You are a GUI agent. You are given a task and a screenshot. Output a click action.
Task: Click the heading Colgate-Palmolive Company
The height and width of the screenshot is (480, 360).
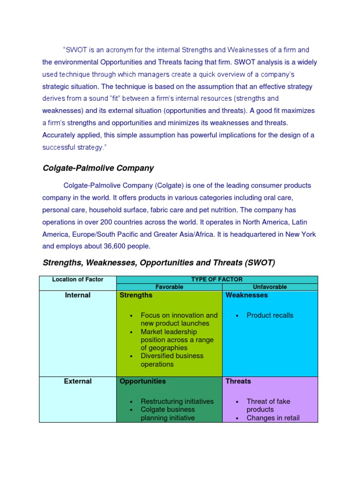(98, 168)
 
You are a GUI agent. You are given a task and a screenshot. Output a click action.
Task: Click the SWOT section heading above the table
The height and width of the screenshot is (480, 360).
(158, 262)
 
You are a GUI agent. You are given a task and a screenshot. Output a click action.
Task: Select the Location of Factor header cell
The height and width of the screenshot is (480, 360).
(78, 279)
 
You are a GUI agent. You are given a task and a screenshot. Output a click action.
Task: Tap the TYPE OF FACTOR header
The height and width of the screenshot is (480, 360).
(217, 279)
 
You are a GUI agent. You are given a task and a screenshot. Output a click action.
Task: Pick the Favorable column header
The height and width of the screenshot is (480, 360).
(169, 287)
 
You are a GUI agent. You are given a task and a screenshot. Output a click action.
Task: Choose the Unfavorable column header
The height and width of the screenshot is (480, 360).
(270, 287)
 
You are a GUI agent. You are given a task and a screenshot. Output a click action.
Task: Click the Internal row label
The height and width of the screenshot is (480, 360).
(78, 295)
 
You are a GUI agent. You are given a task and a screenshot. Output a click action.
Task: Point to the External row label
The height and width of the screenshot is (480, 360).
(78, 381)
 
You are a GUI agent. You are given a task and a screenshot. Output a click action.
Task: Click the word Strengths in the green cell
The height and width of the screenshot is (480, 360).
(136, 295)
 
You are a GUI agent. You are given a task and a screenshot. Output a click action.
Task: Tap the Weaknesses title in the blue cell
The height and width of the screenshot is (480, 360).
(247, 295)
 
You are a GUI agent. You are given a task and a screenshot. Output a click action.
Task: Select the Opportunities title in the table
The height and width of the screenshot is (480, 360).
(142, 381)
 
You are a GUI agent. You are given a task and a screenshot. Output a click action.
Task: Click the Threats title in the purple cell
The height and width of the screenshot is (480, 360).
(238, 381)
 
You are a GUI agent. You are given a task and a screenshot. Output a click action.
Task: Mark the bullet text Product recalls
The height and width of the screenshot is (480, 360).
(270, 315)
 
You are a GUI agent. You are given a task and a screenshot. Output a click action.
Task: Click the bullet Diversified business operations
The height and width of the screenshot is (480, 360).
(172, 360)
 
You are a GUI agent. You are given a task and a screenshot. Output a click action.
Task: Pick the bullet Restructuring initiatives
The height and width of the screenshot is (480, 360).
(177, 401)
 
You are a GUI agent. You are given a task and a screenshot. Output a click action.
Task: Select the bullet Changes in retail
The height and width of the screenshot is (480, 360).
(273, 418)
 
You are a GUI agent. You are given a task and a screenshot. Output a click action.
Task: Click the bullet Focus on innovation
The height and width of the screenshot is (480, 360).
(179, 315)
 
